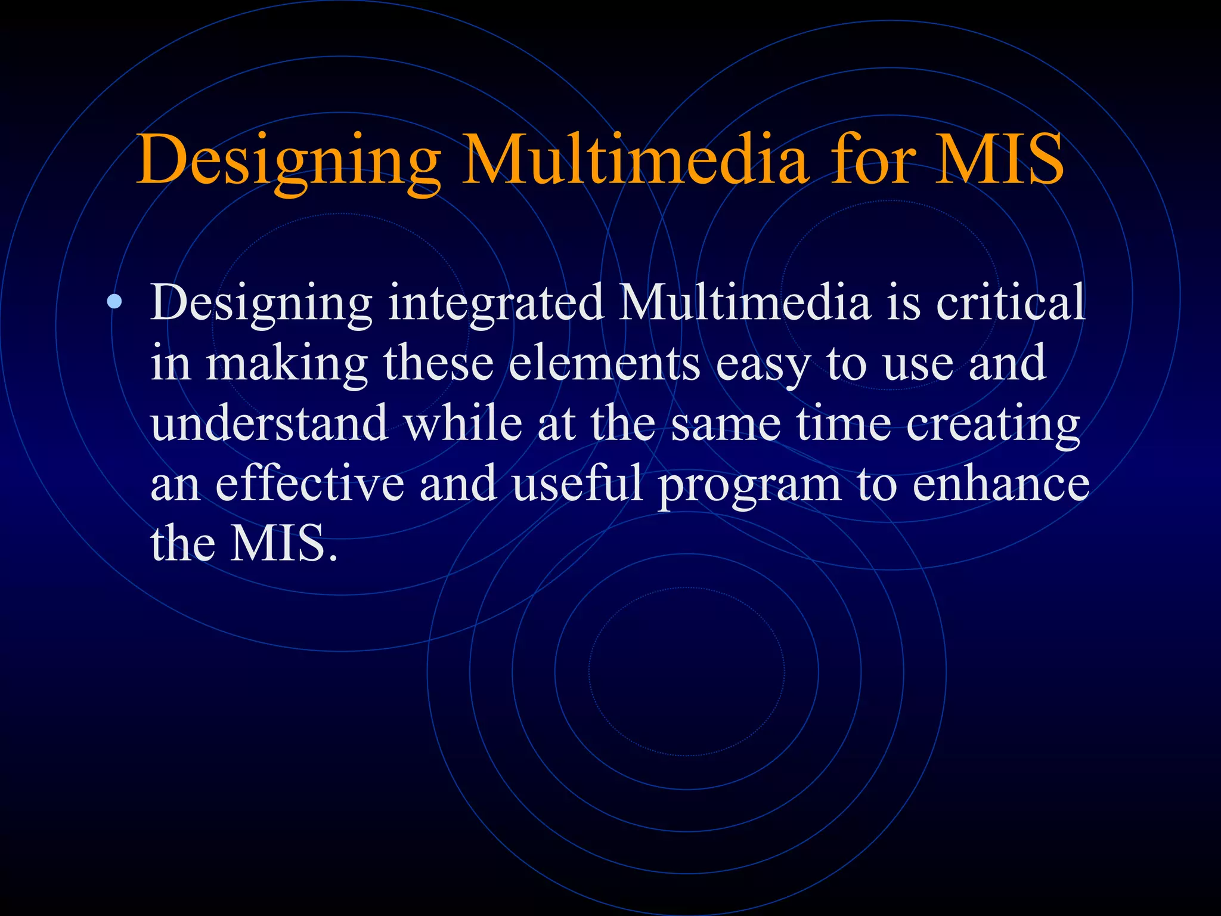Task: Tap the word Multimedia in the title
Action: pos(636,160)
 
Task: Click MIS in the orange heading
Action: pos(999,160)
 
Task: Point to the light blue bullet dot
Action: pos(115,304)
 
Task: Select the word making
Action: pos(287,364)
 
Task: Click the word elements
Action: pos(604,363)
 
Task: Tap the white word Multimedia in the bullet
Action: pos(745,302)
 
